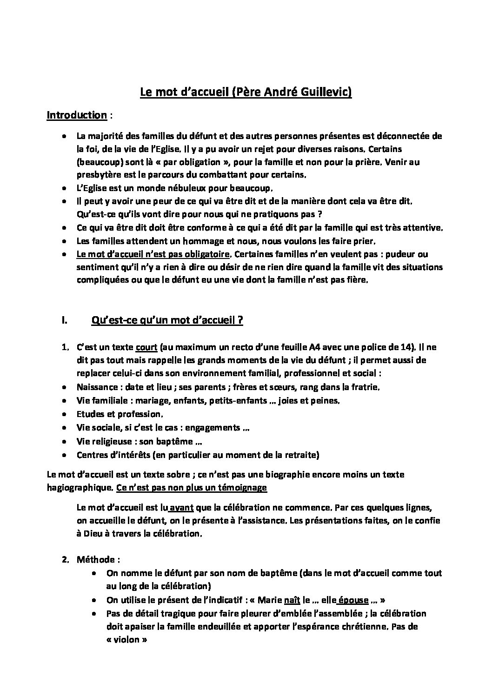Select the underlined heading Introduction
(x=77, y=115)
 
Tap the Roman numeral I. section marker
(x=64, y=320)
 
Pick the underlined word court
(x=147, y=347)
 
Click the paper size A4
(x=308, y=347)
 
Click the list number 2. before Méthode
(x=66, y=560)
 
